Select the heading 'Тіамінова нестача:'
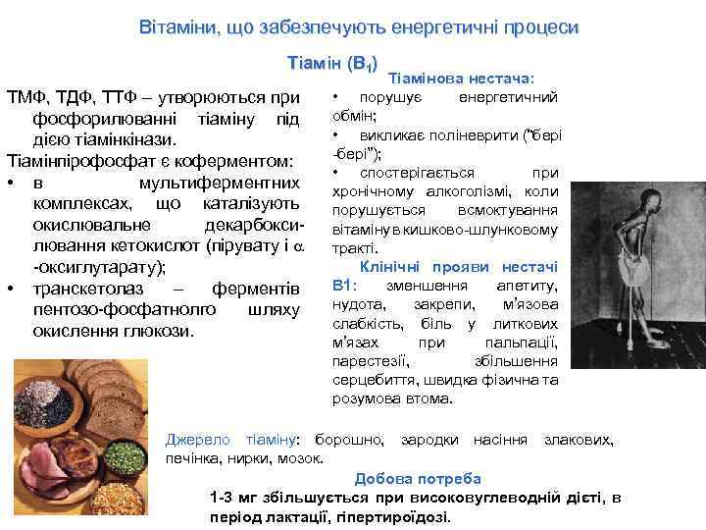461,78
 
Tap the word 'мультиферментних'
216,184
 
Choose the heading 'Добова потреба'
418,479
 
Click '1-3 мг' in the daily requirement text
232,498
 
